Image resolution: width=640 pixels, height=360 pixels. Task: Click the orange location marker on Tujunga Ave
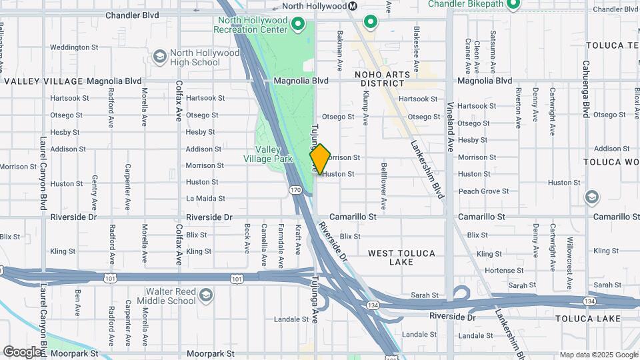(x=320, y=159)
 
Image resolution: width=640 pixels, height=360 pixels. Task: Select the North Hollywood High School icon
(x=159, y=57)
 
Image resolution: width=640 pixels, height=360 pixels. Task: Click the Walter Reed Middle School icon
(x=206, y=295)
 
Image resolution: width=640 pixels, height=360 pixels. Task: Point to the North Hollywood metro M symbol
(x=354, y=6)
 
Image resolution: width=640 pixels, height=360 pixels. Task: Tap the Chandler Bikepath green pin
(x=512, y=5)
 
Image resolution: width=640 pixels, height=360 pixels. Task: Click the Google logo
(x=21, y=351)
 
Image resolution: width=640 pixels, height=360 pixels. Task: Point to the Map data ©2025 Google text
(x=598, y=355)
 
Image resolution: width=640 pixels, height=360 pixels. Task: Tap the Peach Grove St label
(x=483, y=191)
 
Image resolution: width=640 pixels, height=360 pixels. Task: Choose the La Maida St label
(x=205, y=198)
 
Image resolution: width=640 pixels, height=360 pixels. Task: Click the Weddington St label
(x=74, y=47)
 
